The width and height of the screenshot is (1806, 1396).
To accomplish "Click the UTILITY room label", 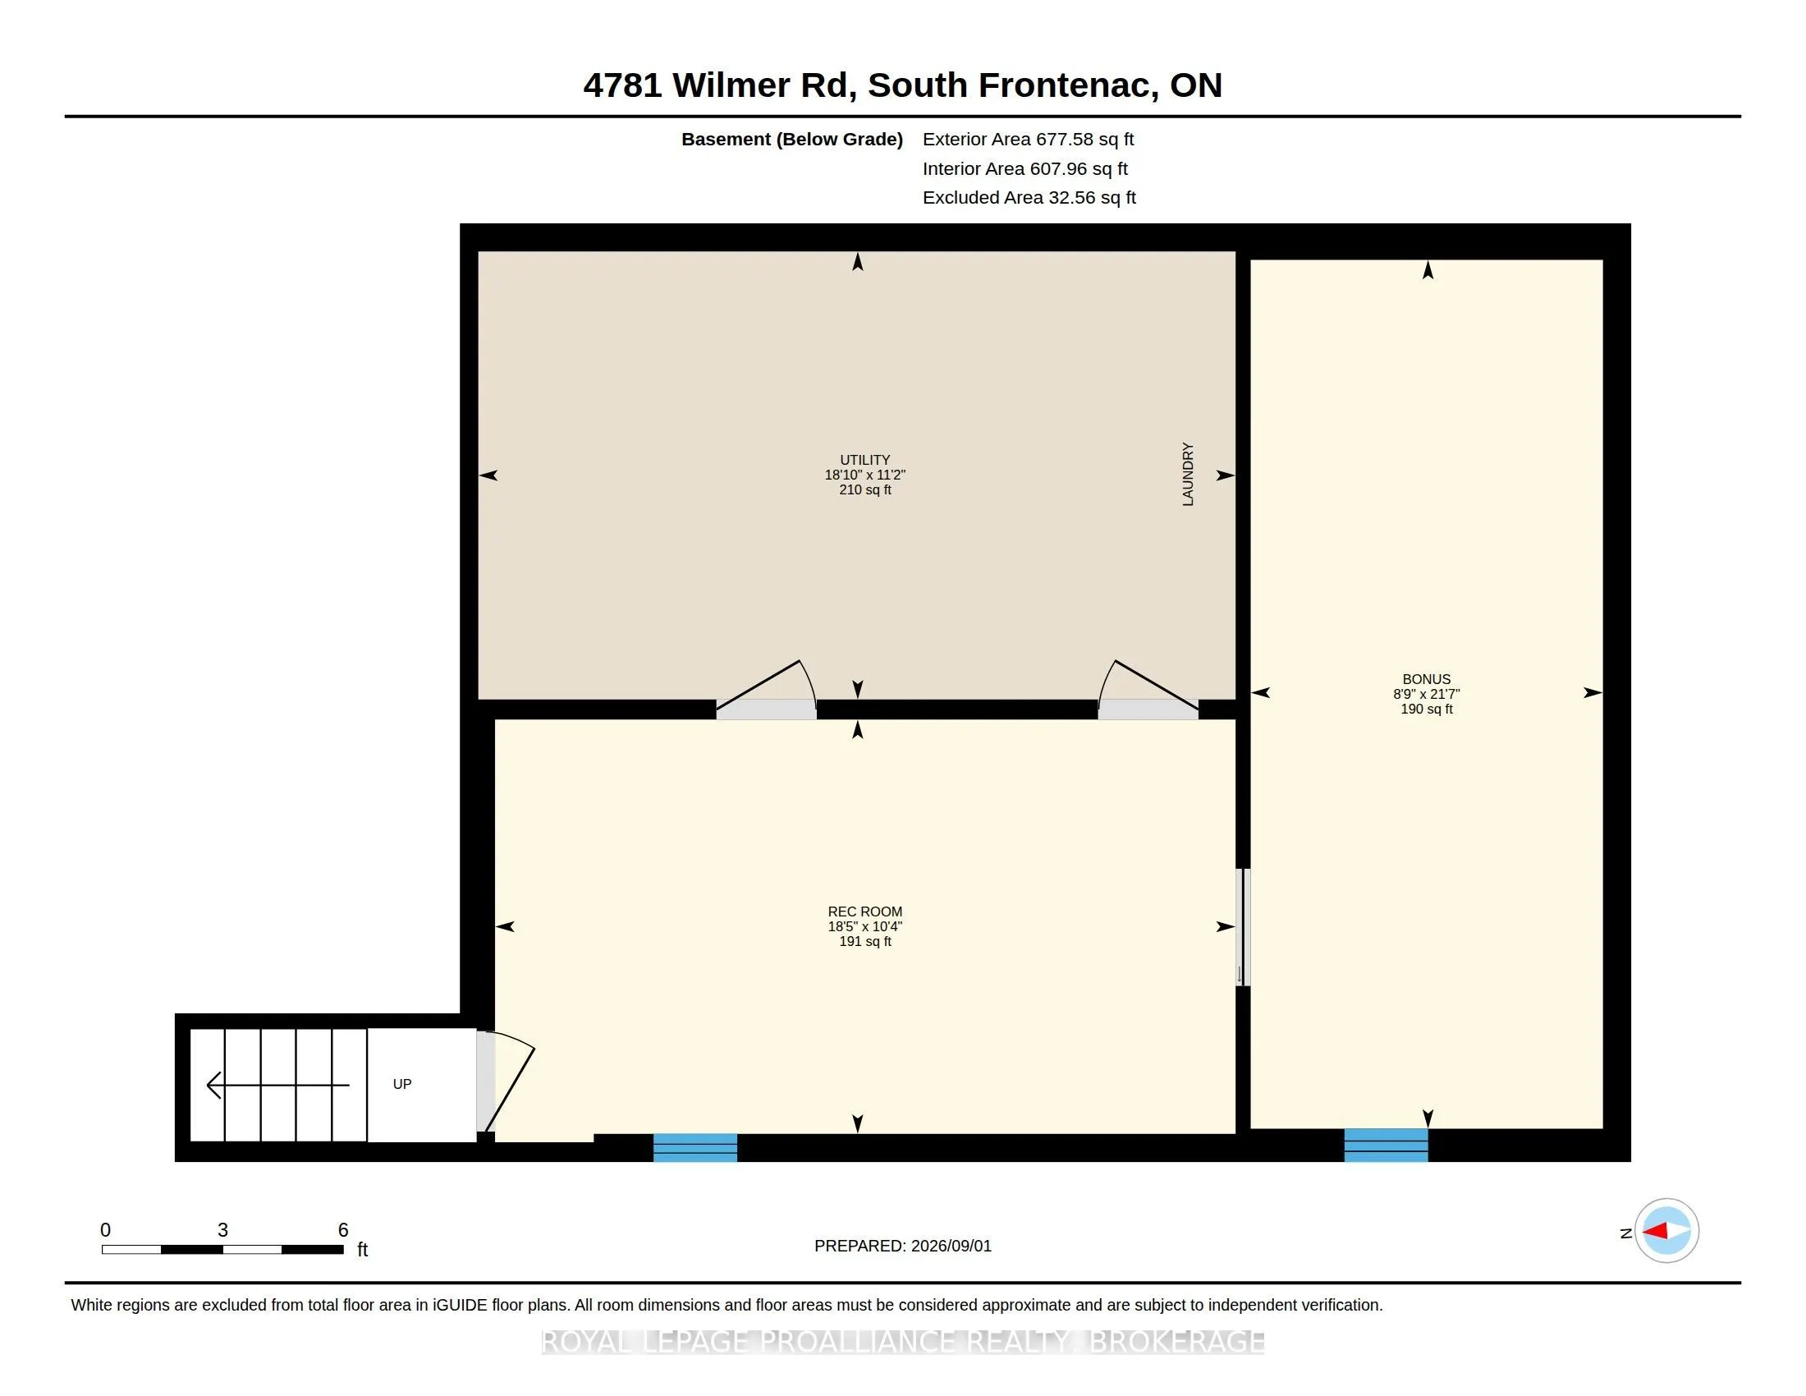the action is coord(865,460).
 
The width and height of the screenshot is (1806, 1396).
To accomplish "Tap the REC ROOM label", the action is coord(865,912).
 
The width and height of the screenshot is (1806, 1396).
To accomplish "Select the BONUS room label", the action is coord(1427,679).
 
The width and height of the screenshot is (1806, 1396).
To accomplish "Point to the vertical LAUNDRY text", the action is coord(1189,475).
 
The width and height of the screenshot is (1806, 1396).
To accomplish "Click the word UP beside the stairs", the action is coord(402,1084).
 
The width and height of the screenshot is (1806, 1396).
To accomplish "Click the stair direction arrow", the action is coord(277,1085).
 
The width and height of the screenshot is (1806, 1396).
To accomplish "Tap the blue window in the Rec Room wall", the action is coord(695,1148).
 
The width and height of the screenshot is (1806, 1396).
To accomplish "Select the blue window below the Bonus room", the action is coord(1386,1146).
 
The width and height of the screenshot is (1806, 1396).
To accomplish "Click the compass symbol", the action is coord(1666,1231).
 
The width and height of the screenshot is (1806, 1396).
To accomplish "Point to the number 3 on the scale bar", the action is coord(222,1230).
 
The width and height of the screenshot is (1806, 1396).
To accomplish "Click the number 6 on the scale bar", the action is coord(343,1230).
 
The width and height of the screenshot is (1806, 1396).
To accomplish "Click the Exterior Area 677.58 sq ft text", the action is coord(1028,139).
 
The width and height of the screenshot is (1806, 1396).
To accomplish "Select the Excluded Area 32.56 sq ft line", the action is coord(1029,197).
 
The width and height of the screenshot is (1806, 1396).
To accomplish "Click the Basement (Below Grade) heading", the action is coord(792,139).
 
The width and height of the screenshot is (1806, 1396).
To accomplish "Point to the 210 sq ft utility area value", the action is coord(865,489).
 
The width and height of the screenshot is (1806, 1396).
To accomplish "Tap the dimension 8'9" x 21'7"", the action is coord(1427,694).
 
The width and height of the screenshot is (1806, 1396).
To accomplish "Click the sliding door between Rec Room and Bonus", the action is coord(1242,926).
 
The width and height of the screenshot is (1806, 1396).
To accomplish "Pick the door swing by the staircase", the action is coord(505,1081).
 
